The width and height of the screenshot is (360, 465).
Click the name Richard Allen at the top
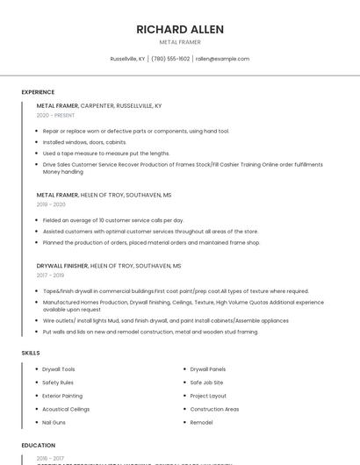(180, 29)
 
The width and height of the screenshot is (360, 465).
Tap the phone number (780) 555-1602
(170, 59)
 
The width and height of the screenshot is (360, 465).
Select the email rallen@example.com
(222, 59)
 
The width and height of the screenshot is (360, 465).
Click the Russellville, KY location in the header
(127, 59)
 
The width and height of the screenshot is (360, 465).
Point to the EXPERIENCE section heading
(38, 92)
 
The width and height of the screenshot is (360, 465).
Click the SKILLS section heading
(31, 353)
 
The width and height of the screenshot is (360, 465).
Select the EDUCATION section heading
(39, 446)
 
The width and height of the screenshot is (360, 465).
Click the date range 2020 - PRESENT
(55, 115)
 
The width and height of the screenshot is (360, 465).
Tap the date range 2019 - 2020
(51, 204)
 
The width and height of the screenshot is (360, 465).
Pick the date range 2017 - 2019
(50, 275)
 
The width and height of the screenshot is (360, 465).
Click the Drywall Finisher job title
(61, 265)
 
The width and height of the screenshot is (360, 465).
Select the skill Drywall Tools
(59, 369)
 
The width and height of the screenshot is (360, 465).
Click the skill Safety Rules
(58, 383)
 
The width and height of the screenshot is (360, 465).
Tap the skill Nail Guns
(54, 422)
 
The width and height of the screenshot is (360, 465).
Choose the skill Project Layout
(208, 396)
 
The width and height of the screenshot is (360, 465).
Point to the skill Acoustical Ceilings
(66, 409)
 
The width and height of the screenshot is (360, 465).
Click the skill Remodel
(202, 422)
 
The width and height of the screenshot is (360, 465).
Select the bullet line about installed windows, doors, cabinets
(84, 141)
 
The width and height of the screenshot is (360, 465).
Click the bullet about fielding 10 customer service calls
(113, 220)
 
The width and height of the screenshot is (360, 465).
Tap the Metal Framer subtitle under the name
(180, 42)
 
